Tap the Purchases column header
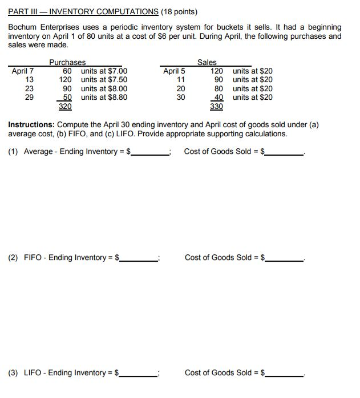pyautogui.click(x=67, y=62)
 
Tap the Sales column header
pyautogui.click(x=207, y=62)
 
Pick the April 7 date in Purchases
pyautogui.click(x=23, y=71)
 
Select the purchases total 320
pyautogui.click(x=65, y=106)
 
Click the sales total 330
pyautogui.click(x=216, y=106)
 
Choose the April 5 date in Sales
pyautogui.click(x=174, y=71)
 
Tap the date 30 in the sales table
pyautogui.click(x=180, y=97)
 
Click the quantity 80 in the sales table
pyautogui.click(x=219, y=88)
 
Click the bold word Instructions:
pyautogui.click(x=30, y=124)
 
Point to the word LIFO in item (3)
pyautogui.click(x=33, y=373)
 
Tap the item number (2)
pyautogui.click(x=13, y=258)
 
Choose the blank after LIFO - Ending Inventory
pyautogui.click(x=140, y=373)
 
